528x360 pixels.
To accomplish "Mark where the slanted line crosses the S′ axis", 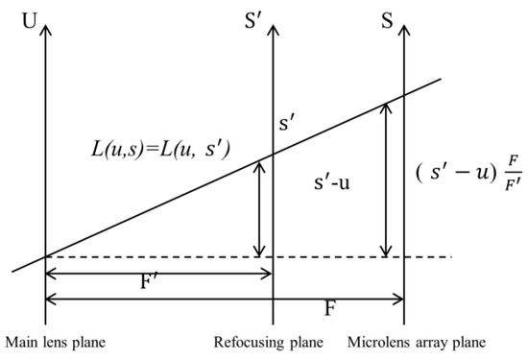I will (274, 153).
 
